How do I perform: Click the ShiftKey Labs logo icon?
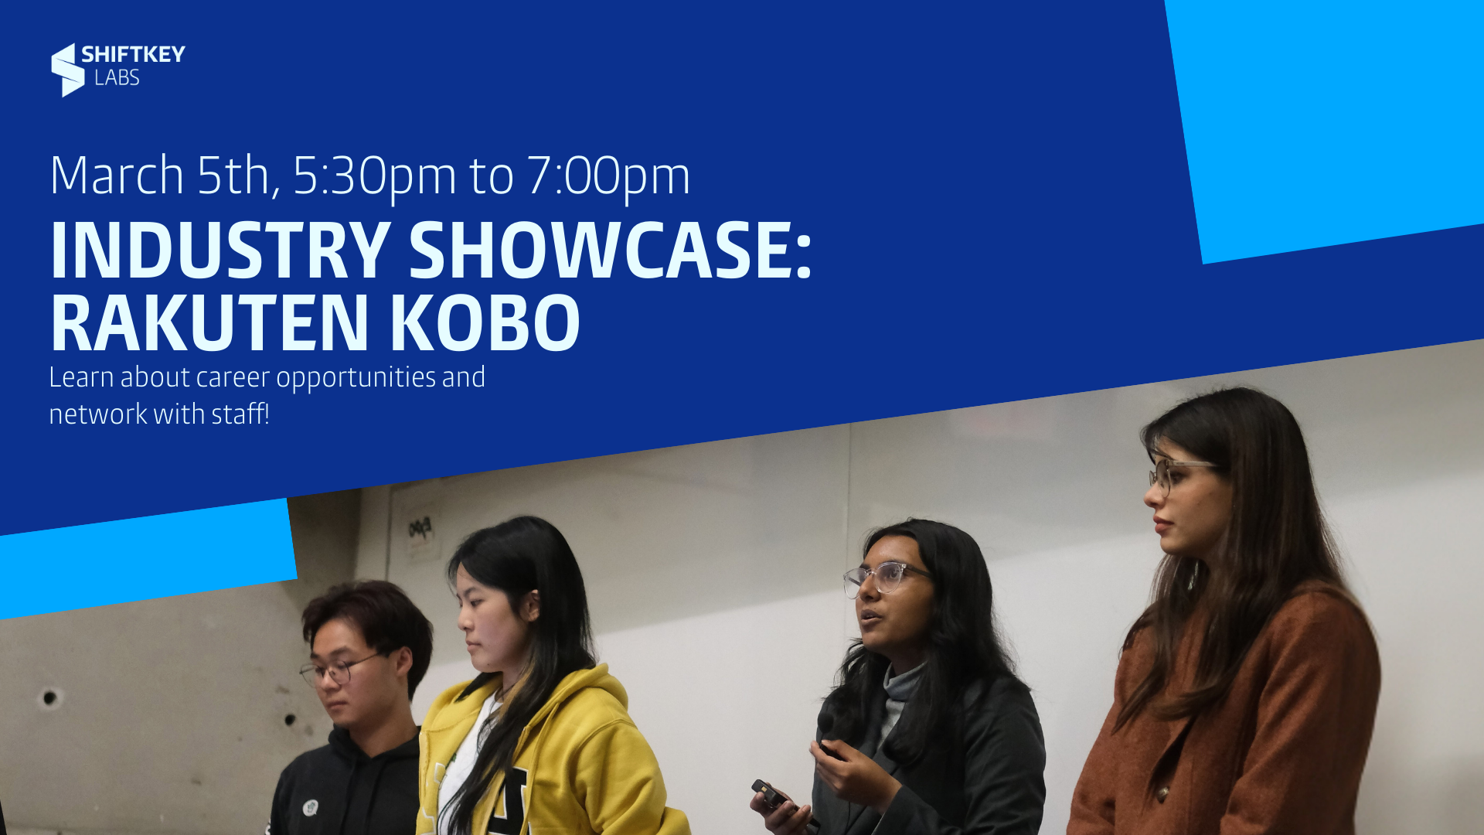(68, 70)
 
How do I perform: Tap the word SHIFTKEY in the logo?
(133, 54)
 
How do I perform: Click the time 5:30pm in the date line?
(375, 176)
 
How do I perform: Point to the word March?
(117, 175)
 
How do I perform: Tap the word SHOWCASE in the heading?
(610, 250)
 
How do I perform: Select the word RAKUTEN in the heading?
(209, 322)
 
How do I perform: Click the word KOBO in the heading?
(485, 322)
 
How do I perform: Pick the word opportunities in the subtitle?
(356, 379)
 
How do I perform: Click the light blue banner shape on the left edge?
(147, 558)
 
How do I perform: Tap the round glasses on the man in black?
(340, 670)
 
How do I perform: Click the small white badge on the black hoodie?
(310, 808)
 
